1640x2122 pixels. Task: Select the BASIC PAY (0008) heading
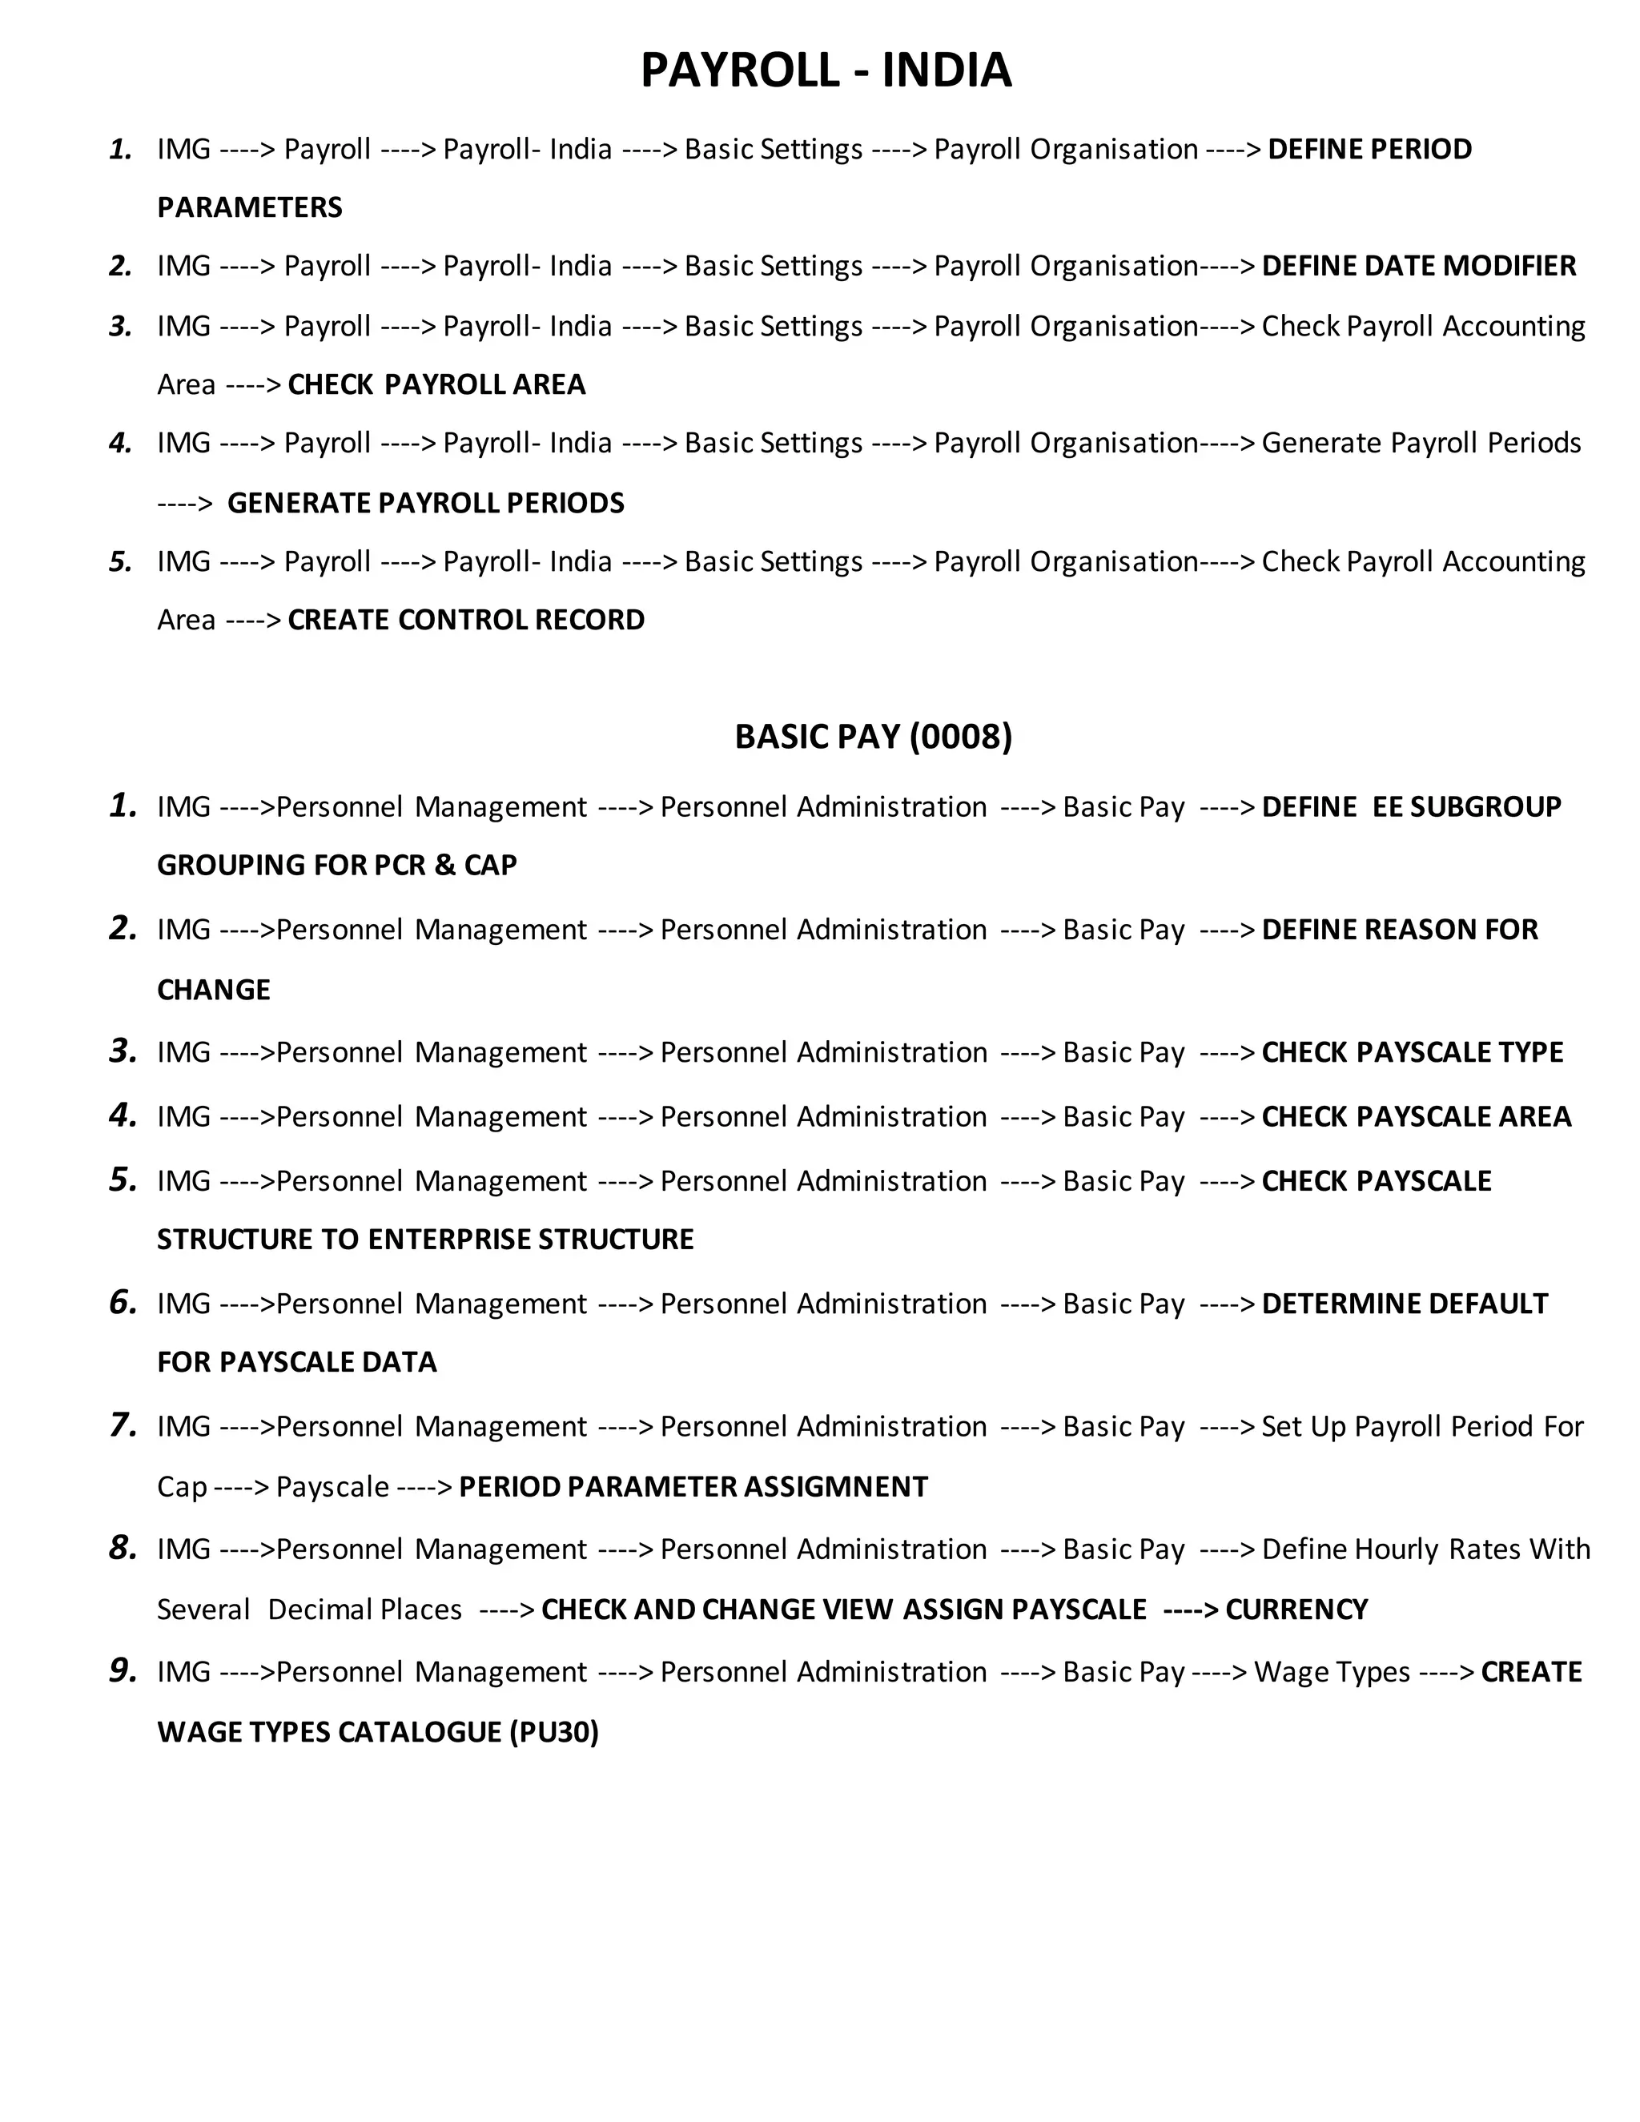coord(873,737)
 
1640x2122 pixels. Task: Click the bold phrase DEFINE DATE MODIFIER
coord(1418,266)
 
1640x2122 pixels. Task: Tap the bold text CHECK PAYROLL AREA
coord(437,384)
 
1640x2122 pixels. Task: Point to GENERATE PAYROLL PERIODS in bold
coord(425,504)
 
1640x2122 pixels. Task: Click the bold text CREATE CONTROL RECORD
coord(466,620)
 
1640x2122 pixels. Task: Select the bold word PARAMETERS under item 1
coord(250,208)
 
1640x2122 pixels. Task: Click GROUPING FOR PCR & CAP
coord(337,865)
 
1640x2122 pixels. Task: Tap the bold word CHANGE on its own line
coord(214,990)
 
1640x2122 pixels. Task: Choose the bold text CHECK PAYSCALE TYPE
coord(1413,1052)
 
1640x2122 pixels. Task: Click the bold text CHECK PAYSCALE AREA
coord(1417,1116)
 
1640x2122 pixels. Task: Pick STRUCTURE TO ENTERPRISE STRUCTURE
coord(425,1240)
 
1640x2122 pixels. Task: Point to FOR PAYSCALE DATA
coord(297,1362)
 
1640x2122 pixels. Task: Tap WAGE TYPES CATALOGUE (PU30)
coord(378,1731)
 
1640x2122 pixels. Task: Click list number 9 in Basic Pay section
coord(123,1671)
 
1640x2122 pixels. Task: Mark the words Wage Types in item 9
coord(1332,1672)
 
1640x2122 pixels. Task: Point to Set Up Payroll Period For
coord(1422,1426)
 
